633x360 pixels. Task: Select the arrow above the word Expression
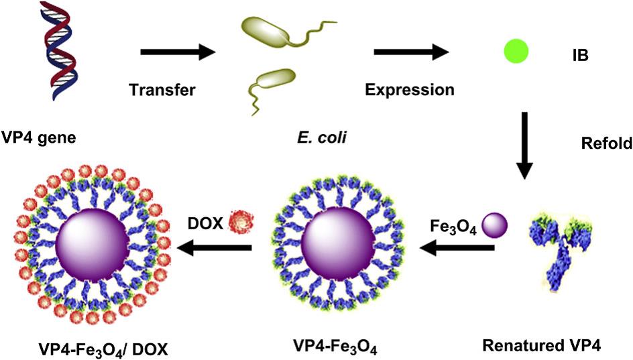(410, 52)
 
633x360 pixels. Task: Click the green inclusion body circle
(516, 52)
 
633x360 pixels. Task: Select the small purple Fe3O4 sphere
(495, 226)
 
